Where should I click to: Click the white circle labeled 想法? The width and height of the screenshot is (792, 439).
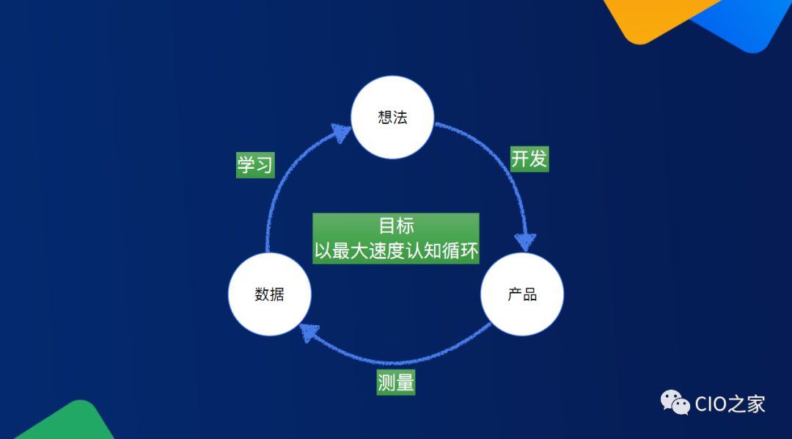click(x=393, y=117)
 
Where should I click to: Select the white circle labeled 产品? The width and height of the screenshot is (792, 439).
click(x=522, y=294)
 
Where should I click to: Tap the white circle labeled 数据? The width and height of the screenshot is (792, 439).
click(x=269, y=294)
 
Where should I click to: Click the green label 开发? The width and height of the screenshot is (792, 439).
click(x=529, y=159)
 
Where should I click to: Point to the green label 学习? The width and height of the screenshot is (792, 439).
click(x=254, y=164)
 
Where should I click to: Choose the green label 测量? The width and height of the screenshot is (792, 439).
click(x=396, y=382)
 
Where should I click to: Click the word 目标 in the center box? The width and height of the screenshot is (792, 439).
click(x=396, y=225)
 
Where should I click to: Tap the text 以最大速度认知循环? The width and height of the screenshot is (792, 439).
click(x=396, y=251)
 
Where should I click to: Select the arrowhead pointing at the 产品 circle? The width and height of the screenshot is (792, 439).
click(x=526, y=242)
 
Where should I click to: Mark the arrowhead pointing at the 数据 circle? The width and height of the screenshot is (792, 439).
click(x=309, y=335)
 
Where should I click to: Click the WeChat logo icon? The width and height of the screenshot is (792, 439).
click(x=675, y=402)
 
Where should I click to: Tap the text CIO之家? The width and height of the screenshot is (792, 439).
click(x=730, y=403)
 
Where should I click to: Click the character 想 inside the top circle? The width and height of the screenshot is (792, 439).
click(x=386, y=117)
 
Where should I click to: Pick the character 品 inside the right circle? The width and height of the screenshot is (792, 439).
click(x=530, y=294)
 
